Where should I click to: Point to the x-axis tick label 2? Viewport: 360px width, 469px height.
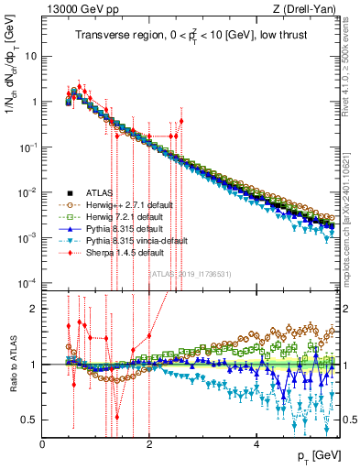149,444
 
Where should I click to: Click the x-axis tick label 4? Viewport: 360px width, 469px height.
256,444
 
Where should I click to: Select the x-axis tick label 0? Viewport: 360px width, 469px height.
43,444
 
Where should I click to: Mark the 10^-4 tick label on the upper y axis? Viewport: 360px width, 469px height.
27,281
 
